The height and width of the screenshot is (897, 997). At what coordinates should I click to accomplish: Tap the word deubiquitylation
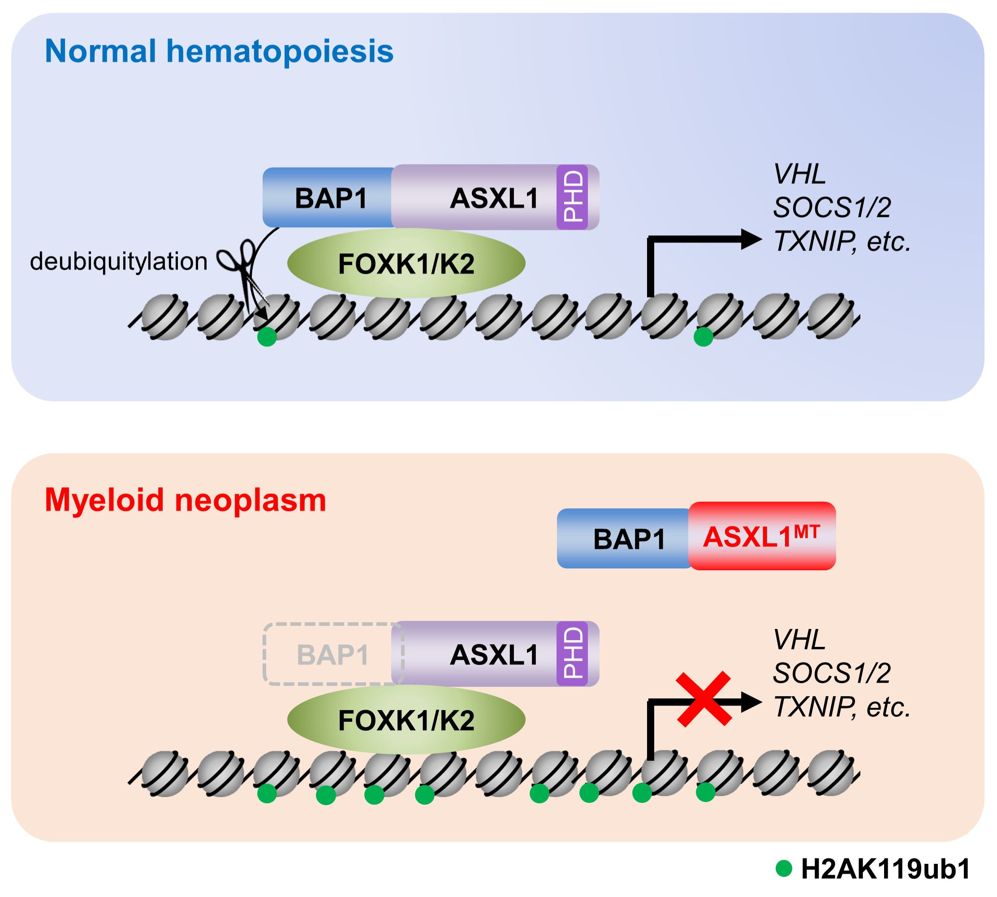pos(119,261)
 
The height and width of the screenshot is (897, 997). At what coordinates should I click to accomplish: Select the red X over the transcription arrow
pos(703,698)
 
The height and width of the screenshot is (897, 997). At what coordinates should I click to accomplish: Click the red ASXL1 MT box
pos(762,536)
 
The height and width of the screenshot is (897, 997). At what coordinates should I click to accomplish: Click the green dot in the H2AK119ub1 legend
pos(783,868)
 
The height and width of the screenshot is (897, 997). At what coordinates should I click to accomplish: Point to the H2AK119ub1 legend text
pos(885,869)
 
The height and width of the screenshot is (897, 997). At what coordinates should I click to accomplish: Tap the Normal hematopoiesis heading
pos(219,51)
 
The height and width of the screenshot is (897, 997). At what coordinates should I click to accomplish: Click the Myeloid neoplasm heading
pos(186,500)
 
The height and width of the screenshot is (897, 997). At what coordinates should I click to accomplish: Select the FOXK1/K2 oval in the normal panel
pos(406,264)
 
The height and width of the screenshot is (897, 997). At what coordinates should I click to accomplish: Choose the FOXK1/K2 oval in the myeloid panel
pos(406,720)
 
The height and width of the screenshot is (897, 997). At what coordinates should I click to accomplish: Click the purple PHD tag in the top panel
pos(572,197)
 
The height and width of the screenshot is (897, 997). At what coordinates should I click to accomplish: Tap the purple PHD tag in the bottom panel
pos(572,654)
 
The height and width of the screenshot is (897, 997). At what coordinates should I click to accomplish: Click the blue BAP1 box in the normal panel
pos(330,198)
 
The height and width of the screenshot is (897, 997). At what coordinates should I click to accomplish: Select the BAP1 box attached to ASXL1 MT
pos(628,539)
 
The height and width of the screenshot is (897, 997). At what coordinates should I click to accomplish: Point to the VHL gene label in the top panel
pos(799,174)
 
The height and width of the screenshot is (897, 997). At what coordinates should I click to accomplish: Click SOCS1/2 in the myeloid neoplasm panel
pos(832,673)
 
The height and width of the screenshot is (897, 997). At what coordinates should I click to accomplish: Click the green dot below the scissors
pos(267,337)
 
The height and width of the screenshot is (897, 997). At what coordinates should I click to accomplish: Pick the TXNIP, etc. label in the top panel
pos(842,241)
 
